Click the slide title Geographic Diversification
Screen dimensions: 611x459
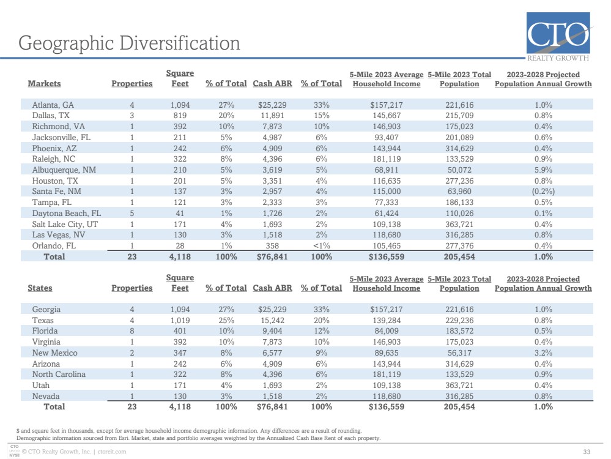[129, 43]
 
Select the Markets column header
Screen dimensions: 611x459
[44, 83]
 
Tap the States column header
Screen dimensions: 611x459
[40, 288]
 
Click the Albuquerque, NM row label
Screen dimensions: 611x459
[64, 170]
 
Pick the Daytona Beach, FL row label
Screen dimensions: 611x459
[66, 214]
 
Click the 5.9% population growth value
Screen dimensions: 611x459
[543, 170]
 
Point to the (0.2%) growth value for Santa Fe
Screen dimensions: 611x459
[543, 192]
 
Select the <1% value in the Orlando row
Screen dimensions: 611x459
[322, 245]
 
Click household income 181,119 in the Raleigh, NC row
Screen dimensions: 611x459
[387, 159]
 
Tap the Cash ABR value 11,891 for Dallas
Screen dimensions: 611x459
[272, 116]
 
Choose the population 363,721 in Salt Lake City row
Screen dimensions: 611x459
[459, 224]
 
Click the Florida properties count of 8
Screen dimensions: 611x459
[132, 330]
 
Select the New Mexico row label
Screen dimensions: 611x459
[54, 353]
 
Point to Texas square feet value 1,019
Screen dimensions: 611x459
[180, 320]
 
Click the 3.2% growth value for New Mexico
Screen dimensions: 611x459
[543, 353]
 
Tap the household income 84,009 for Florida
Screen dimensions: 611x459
[387, 330]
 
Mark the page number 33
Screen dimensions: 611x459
[587, 452]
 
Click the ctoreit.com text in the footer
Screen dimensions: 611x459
[112, 452]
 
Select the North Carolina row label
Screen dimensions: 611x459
[59, 374]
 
